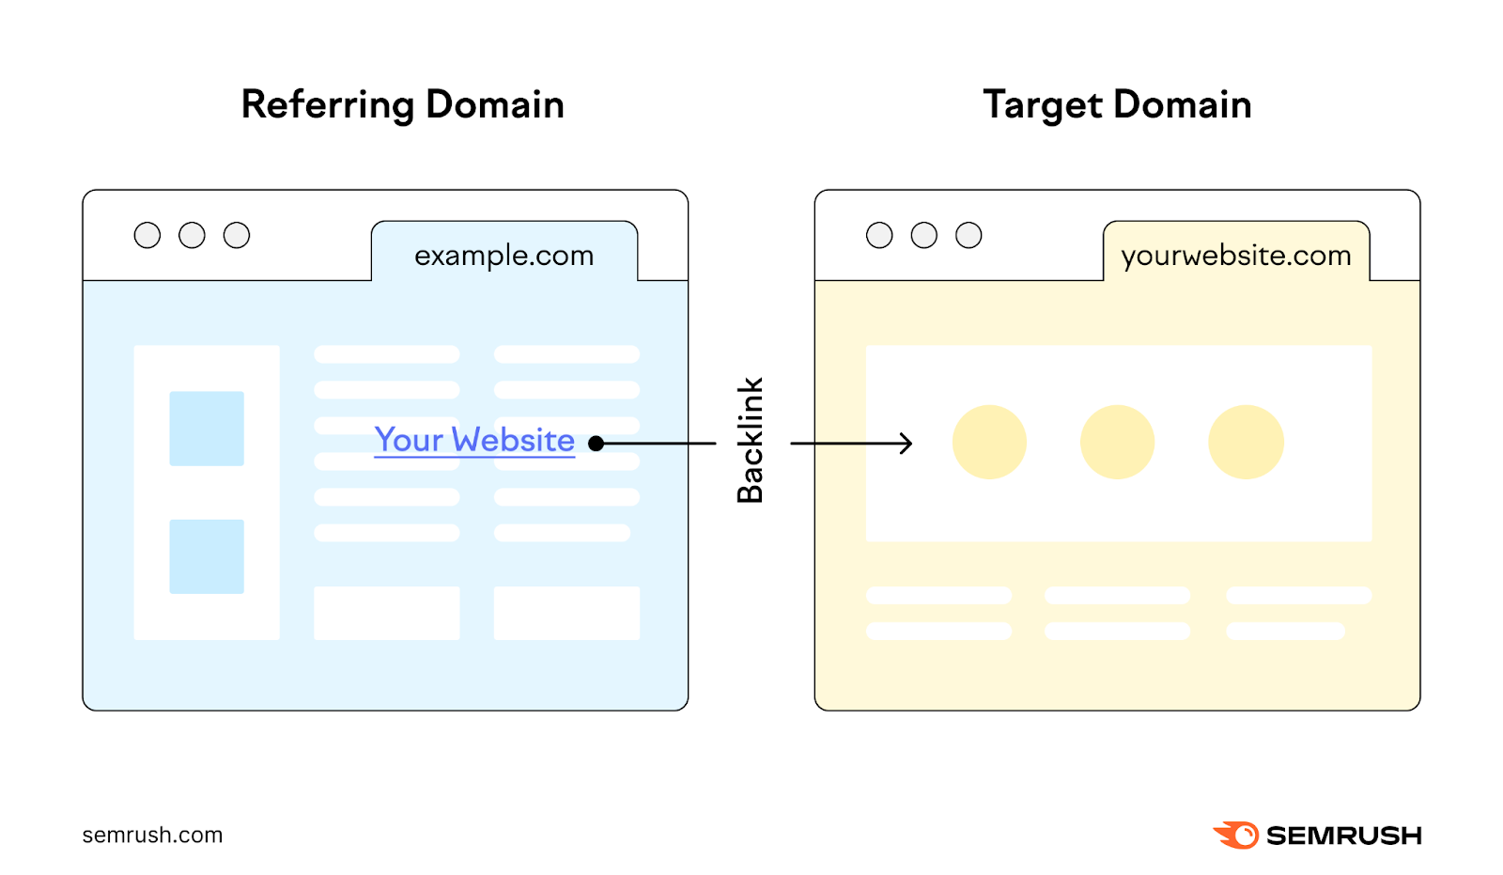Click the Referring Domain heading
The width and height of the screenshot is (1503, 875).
tap(402, 104)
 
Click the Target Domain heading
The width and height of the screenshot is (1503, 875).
tap(1117, 104)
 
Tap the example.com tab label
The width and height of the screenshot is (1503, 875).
tap(504, 255)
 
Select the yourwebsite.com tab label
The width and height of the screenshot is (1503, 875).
tap(1235, 255)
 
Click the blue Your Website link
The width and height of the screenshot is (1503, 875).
tap(474, 440)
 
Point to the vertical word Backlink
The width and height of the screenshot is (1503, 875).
tap(750, 441)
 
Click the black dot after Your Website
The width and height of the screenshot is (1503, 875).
tap(596, 444)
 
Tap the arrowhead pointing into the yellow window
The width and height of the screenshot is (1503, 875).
tap(906, 444)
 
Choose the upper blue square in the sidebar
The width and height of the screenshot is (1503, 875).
tap(207, 429)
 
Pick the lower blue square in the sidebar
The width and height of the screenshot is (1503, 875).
tap(207, 556)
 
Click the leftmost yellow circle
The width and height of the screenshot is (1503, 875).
tap(989, 442)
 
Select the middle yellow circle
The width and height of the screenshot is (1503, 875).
tap(1117, 442)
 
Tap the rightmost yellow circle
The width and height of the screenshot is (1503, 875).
tap(1246, 442)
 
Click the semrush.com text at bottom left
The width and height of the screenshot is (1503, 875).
tap(152, 835)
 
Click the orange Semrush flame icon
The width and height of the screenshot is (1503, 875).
tap(1236, 835)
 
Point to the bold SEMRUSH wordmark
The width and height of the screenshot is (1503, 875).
tap(1343, 836)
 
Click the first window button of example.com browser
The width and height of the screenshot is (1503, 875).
tap(147, 235)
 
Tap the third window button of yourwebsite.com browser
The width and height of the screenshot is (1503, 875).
tap(968, 235)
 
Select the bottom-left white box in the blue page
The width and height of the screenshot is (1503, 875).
tap(387, 613)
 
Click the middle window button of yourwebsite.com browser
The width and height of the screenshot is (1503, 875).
tap(924, 235)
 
